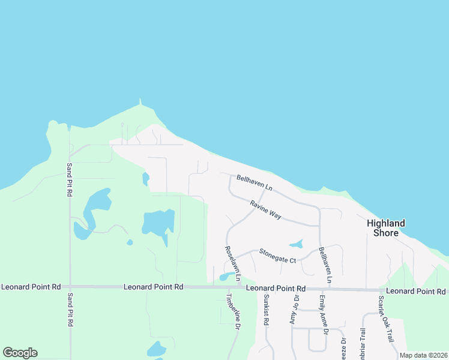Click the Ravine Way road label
(x=266, y=210)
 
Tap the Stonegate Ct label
(x=277, y=256)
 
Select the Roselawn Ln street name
(x=232, y=263)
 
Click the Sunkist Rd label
(x=266, y=310)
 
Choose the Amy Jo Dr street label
(x=294, y=310)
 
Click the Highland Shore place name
(x=386, y=227)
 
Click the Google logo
(x=20, y=353)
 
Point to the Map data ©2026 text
(x=423, y=355)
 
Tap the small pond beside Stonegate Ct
(x=296, y=244)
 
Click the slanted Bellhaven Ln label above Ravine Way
(x=255, y=182)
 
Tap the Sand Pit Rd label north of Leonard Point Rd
(x=69, y=180)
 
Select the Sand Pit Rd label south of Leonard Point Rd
(x=70, y=310)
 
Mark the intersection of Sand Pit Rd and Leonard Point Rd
(x=70, y=287)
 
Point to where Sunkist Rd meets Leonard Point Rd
(x=264, y=289)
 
